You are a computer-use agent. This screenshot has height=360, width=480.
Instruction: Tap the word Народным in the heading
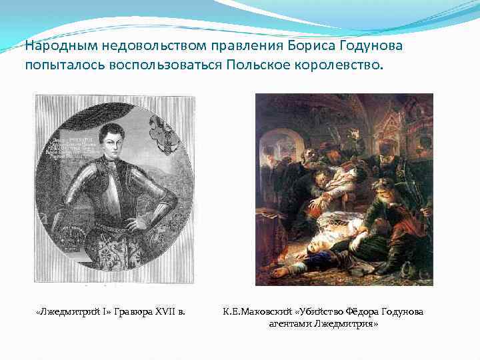pos(57,46)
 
